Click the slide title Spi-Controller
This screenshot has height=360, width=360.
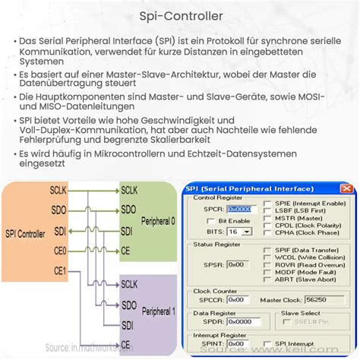coord(179,14)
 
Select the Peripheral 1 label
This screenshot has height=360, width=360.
coord(159,311)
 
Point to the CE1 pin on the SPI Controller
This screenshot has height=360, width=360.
coord(60,270)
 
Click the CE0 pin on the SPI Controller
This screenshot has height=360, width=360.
coord(60,250)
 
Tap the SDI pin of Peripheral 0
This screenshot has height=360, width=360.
coord(128,230)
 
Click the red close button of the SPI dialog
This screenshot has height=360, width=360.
coord(346,188)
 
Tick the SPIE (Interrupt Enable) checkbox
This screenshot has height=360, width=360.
coord(267,204)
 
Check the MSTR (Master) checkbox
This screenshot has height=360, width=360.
coord(267,219)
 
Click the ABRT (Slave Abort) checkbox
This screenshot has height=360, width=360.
coord(267,278)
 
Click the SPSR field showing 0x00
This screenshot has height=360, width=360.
coord(236,264)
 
